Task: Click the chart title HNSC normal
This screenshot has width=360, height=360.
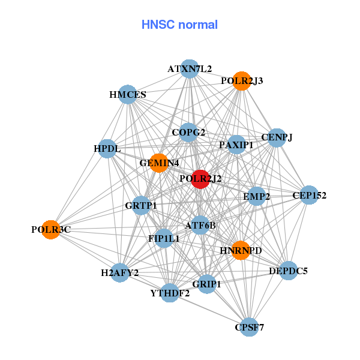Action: coord(179,25)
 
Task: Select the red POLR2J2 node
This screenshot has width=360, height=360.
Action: coord(200,179)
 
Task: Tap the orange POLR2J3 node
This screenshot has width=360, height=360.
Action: coord(241,81)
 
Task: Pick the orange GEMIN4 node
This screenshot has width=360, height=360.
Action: coord(158,163)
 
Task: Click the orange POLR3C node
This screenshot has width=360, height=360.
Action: coord(51,229)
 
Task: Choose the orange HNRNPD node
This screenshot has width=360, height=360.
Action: coord(241,250)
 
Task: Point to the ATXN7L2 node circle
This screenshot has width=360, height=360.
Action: coord(190,68)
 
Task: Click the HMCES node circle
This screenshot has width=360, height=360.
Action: coord(128,94)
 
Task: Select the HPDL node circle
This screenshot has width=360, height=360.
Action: coord(107,148)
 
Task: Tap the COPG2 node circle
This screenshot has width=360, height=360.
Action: coord(188,133)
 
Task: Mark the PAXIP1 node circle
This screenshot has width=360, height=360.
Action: coord(236,145)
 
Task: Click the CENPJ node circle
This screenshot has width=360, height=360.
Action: coord(277,137)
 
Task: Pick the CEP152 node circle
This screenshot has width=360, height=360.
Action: coord(309,195)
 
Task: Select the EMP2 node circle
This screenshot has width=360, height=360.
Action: coord(257,196)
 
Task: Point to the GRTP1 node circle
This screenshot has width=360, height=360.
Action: coord(141,206)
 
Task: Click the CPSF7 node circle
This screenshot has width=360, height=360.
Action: coord(249,327)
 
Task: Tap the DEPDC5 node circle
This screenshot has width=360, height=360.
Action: coord(288,271)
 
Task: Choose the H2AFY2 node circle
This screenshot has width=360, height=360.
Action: coord(120,273)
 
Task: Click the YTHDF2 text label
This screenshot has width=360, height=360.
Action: coord(170,293)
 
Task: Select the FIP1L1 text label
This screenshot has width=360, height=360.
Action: coord(163,238)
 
